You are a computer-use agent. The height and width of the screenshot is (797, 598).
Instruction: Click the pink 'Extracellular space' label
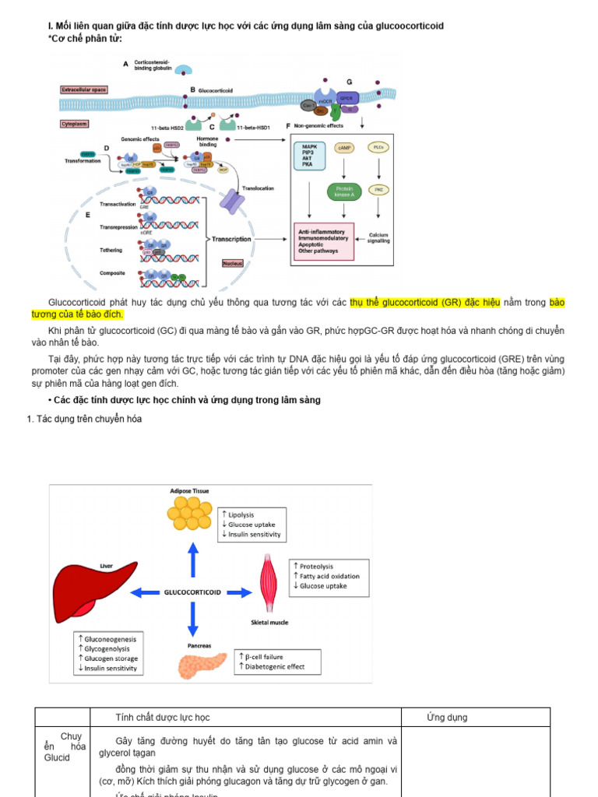(83, 90)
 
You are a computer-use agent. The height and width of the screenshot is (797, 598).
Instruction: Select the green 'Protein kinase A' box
(343, 191)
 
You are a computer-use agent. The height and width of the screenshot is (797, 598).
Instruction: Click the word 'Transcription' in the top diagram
(231, 239)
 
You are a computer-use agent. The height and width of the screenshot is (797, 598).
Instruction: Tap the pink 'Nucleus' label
(233, 263)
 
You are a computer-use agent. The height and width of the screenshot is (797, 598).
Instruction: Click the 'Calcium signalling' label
(379, 238)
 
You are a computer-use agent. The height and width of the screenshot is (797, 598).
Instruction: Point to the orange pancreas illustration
(203, 666)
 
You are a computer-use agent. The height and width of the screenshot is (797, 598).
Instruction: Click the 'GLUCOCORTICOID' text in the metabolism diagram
(192, 592)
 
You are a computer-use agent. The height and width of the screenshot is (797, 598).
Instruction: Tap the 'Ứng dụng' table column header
(447, 717)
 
